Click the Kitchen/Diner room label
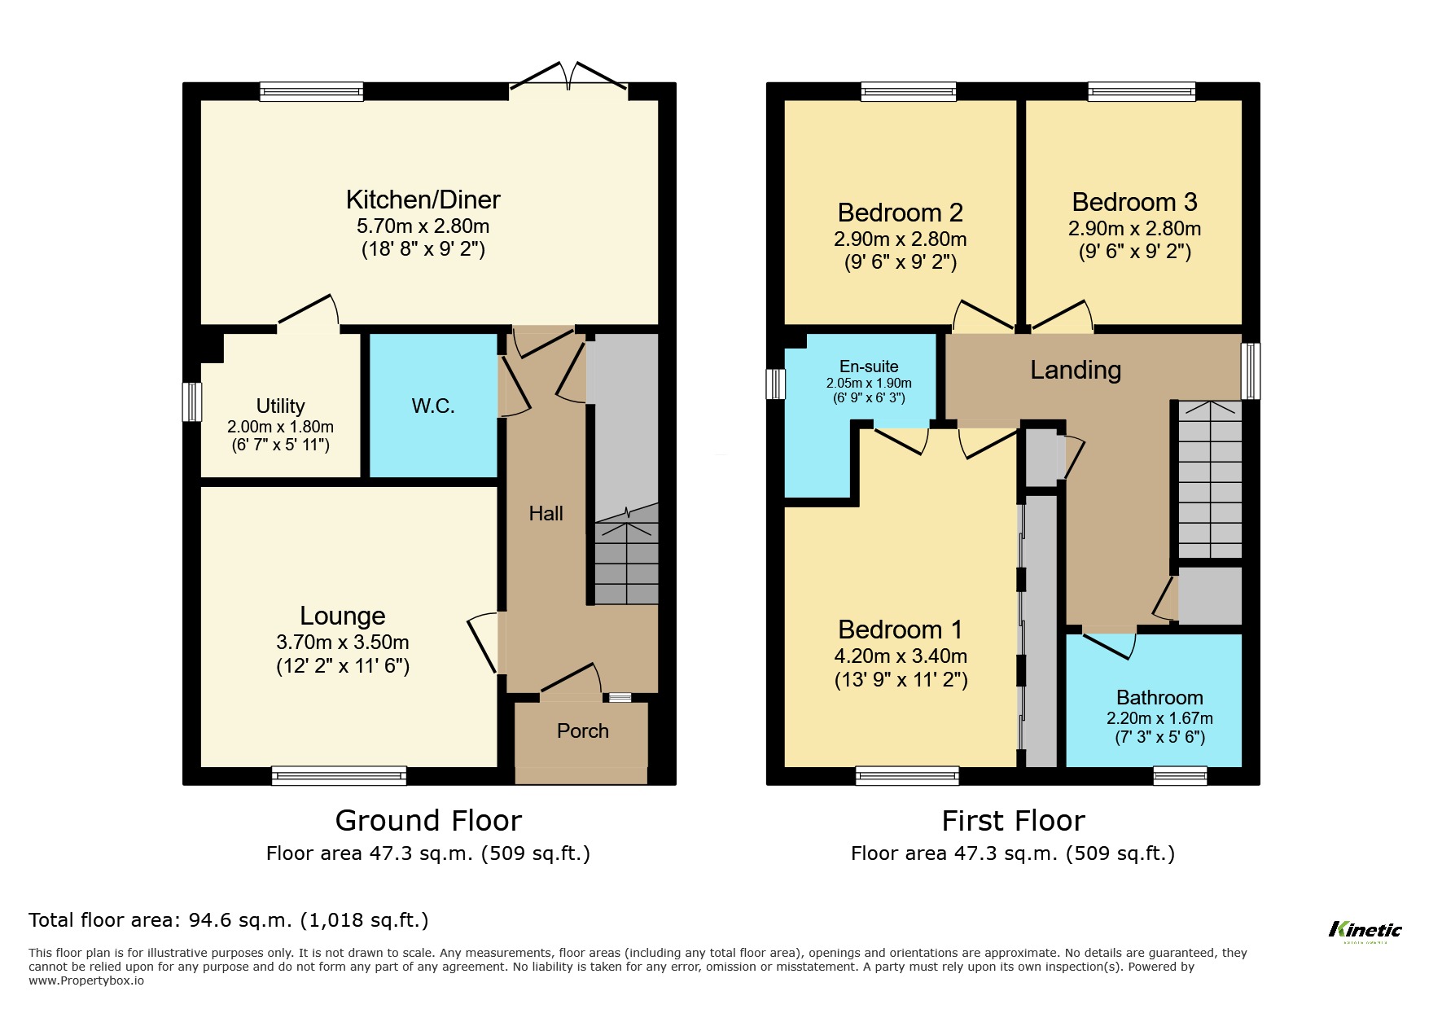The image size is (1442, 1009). (x=423, y=200)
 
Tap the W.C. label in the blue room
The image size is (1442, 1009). (x=432, y=406)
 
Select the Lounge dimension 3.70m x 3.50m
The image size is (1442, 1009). (x=342, y=643)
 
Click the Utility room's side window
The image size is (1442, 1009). (x=191, y=401)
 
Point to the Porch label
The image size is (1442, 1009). (x=582, y=731)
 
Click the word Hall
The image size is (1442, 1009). (x=546, y=514)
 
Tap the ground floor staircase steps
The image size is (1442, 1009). (x=625, y=563)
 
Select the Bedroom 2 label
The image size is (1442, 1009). (x=900, y=213)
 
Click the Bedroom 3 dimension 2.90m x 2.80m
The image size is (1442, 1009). (x=1134, y=229)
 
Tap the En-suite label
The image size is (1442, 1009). (x=869, y=366)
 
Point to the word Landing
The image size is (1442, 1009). (x=1076, y=371)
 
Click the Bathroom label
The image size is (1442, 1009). (x=1159, y=698)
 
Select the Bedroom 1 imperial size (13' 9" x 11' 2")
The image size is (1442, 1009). (x=901, y=680)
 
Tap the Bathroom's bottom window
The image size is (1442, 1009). (x=1180, y=775)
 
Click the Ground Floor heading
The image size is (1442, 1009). (x=428, y=820)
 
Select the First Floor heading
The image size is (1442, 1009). (x=1013, y=820)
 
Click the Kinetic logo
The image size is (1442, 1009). (x=1365, y=931)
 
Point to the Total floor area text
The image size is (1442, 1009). (x=228, y=920)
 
